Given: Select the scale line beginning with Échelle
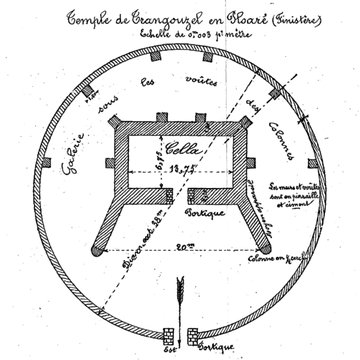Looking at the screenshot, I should tap(181, 33).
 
